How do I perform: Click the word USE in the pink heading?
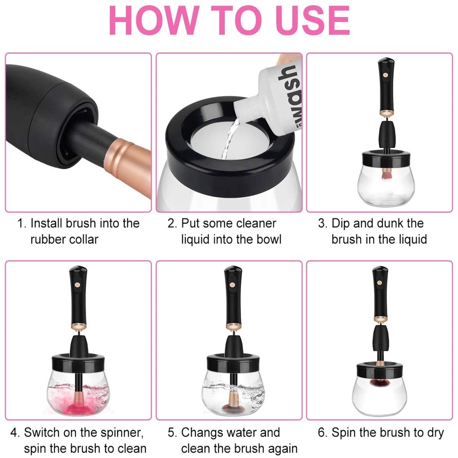point(312,21)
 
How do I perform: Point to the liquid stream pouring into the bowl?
point(229,137)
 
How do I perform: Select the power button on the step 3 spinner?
point(385,75)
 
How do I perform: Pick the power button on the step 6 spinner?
point(379,283)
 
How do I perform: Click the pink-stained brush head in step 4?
point(78,407)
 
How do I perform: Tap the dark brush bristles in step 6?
point(379,382)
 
